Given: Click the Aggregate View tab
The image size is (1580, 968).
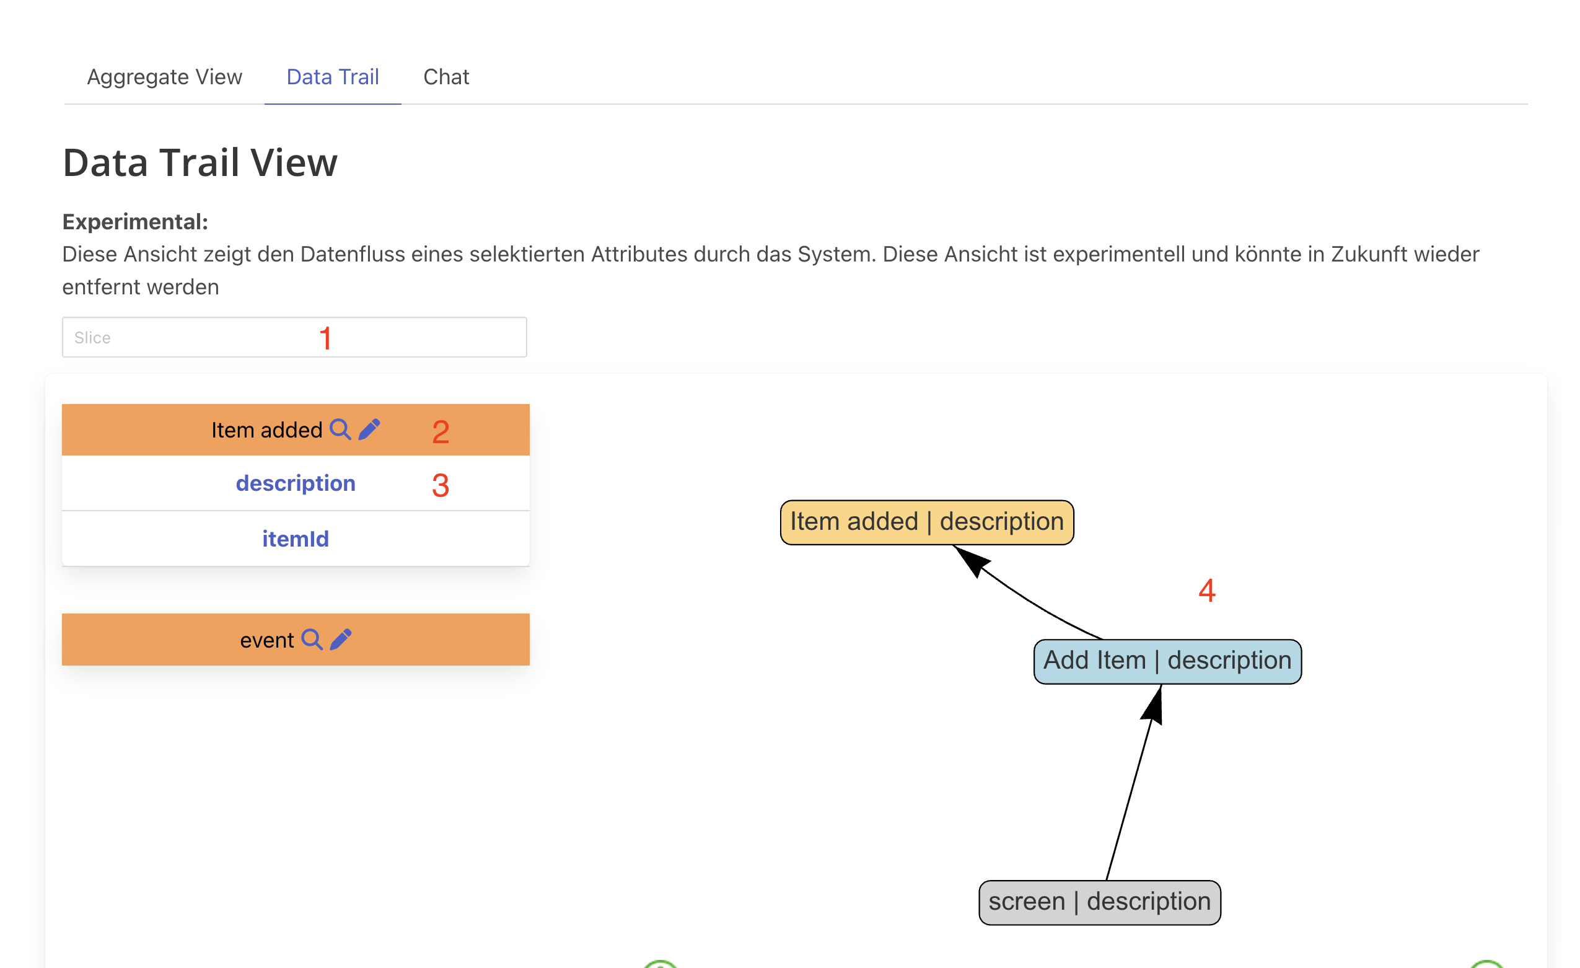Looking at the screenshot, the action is coord(165,77).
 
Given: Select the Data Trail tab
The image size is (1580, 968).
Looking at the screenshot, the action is coord(333,77).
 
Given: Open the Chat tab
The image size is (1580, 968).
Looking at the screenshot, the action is coord(446,77).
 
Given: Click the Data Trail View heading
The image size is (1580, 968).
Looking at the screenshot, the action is coord(200,162).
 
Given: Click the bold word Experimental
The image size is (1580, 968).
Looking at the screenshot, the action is coord(135,222).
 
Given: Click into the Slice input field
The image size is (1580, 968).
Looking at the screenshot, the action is coord(294,337).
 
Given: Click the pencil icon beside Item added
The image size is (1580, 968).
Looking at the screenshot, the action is coord(369,429).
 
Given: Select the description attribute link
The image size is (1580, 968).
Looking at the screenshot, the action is coord(296,483).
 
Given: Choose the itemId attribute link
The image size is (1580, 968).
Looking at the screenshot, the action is coord(296,539).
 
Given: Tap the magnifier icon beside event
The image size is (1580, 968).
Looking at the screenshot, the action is coord(312,640).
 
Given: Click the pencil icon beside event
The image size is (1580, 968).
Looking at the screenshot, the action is coord(341,640).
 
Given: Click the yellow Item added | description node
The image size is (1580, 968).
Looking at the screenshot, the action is coord(927,522).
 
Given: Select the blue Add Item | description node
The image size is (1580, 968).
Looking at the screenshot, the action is coord(1168,661).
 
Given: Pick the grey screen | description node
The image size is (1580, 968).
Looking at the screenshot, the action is coord(1100,902).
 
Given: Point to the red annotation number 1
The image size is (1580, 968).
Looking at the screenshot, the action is coord(326,338).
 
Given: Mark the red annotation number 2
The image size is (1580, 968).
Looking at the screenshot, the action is coord(441,432).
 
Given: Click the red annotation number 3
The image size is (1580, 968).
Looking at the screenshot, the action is coord(441,486).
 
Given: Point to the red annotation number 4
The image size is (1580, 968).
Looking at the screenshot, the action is coord(1208,590).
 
